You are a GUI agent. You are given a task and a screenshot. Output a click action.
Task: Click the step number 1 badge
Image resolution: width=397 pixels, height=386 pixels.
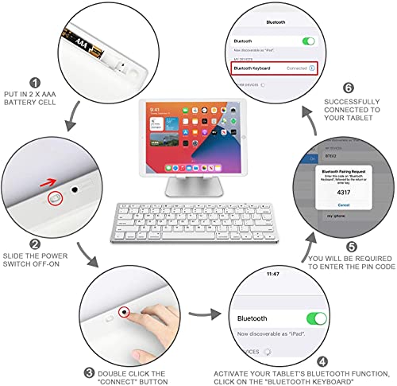click(34, 81)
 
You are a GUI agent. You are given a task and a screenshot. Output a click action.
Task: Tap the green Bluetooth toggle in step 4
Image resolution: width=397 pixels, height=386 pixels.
click(316, 318)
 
